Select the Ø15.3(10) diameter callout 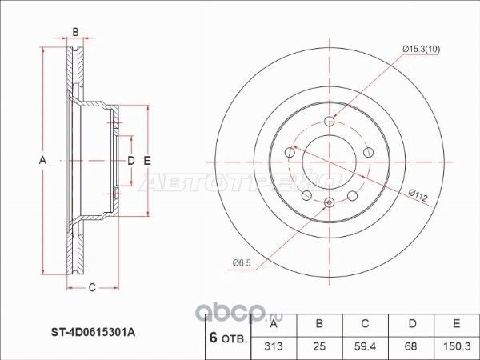pyautogui.click(x=421, y=50)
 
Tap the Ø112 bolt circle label pyautogui.click(x=419, y=192)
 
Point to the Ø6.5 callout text pyautogui.click(x=243, y=263)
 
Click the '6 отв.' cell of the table pyautogui.click(x=227, y=337)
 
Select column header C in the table pyautogui.click(x=365, y=323)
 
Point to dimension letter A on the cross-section pyautogui.click(x=42, y=161)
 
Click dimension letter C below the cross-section pyautogui.click(x=92, y=288)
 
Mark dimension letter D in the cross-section pyautogui.click(x=130, y=161)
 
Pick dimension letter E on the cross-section pyautogui.click(x=147, y=161)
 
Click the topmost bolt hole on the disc pyautogui.click(x=330, y=122)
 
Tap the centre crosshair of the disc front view pyautogui.click(x=330, y=161)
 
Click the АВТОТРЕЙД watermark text pyautogui.click(x=240, y=181)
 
